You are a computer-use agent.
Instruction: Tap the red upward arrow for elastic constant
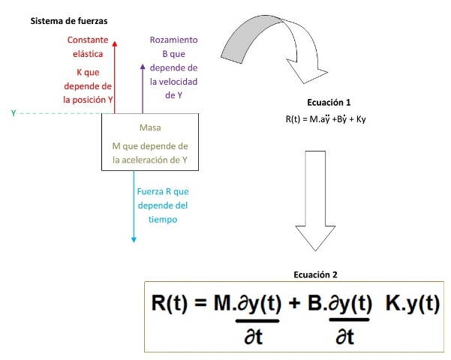pyautogui.click(x=115, y=75)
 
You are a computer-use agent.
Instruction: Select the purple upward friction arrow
pyautogui.click(x=143, y=86)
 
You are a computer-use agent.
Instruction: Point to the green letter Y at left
pyautogui.click(x=13, y=112)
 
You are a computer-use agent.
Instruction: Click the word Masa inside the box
pyautogui.click(x=150, y=127)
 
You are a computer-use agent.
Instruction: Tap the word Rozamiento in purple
pyautogui.click(x=173, y=40)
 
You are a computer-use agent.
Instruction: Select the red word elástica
pyautogui.click(x=89, y=54)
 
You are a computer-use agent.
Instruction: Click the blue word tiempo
pyautogui.click(x=162, y=220)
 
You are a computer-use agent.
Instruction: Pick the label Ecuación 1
pyautogui.click(x=329, y=102)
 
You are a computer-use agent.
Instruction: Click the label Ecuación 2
pyautogui.click(x=318, y=274)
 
